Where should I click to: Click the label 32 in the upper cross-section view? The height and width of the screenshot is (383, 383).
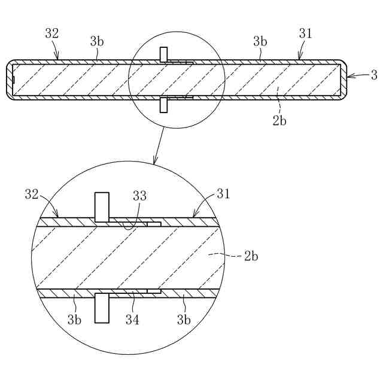click(x=52, y=34)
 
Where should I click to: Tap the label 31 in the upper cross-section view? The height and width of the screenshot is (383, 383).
click(x=305, y=34)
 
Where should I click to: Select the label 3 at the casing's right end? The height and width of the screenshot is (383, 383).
click(x=373, y=75)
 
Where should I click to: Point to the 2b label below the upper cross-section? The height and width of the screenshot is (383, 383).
click(x=279, y=120)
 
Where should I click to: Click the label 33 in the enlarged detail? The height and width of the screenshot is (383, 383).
click(x=139, y=196)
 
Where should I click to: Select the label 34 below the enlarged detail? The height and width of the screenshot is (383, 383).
click(x=132, y=320)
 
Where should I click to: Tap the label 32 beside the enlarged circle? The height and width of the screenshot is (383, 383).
click(x=32, y=194)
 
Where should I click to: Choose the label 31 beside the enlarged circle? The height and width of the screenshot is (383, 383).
click(x=223, y=194)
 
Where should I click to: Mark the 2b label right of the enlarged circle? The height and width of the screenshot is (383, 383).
click(x=251, y=256)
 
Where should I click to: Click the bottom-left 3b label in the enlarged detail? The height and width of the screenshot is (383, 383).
click(x=74, y=320)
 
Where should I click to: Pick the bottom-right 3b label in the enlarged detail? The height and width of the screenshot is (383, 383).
click(x=184, y=320)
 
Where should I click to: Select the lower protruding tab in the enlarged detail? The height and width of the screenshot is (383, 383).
click(x=102, y=308)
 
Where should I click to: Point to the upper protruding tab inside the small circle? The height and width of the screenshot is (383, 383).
click(x=163, y=53)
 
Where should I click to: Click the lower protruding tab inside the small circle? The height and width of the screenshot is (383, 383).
click(x=163, y=105)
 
